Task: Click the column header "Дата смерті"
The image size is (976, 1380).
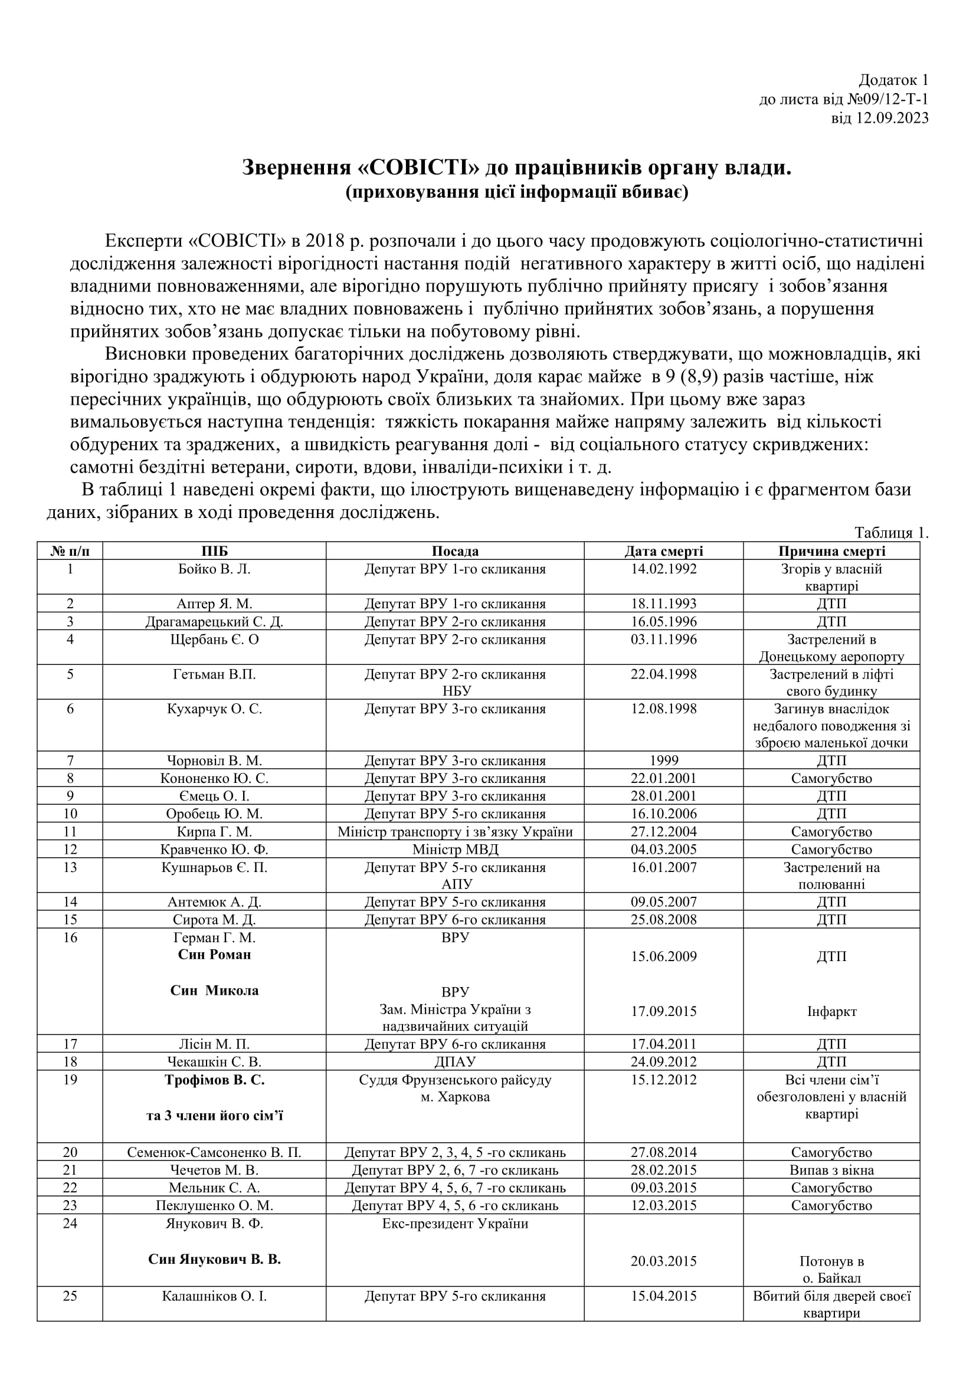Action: click(x=663, y=551)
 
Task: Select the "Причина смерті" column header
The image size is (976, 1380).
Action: click(x=831, y=551)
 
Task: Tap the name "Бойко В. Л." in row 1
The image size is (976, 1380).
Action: click(x=214, y=569)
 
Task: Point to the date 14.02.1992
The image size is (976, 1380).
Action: click(x=663, y=569)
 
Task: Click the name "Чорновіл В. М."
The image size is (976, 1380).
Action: click(x=214, y=761)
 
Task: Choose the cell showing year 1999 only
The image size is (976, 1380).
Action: click(x=663, y=761)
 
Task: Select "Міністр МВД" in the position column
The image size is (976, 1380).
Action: click(x=455, y=849)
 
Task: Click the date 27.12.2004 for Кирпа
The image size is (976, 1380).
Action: click(x=663, y=832)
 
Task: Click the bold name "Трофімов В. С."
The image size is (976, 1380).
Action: click(x=215, y=1080)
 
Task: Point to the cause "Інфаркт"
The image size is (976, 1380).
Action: click(x=831, y=1012)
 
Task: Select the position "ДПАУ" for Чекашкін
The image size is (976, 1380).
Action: click(x=455, y=1062)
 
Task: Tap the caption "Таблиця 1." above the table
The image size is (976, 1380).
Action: click(x=891, y=533)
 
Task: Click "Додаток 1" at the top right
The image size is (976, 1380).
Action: click(x=893, y=80)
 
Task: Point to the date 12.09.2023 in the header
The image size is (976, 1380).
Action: click(x=892, y=118)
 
